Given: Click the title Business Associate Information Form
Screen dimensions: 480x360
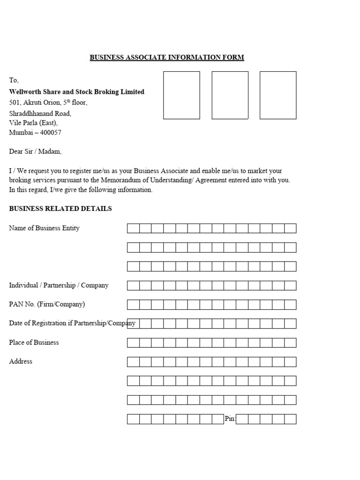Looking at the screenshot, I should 167,58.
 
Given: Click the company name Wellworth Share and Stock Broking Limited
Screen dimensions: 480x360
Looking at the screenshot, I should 77,92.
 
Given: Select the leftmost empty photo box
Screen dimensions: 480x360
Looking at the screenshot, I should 181,95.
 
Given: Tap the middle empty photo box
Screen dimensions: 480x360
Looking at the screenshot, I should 230,95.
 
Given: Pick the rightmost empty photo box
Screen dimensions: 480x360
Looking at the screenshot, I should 278,95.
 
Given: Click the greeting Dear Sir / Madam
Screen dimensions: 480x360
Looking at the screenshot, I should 35,151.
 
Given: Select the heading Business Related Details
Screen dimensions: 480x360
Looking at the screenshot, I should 60,209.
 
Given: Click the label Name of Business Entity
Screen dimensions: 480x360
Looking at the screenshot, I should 44,228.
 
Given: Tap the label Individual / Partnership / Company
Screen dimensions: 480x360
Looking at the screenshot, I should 59,285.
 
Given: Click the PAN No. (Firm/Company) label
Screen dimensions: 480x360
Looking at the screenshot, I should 47,304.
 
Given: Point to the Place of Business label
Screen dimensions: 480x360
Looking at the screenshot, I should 34,343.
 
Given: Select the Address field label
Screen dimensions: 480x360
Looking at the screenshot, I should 21,361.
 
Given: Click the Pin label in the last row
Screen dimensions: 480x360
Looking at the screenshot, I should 230,419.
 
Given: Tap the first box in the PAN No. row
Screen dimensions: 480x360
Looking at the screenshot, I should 133,305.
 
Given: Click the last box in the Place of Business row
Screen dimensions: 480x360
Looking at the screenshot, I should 290,343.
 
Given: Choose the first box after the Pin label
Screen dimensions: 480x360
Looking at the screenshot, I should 242,419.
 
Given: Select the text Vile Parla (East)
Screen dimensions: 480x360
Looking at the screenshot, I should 33,123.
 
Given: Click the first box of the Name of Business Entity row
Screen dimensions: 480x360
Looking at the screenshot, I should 133,228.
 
